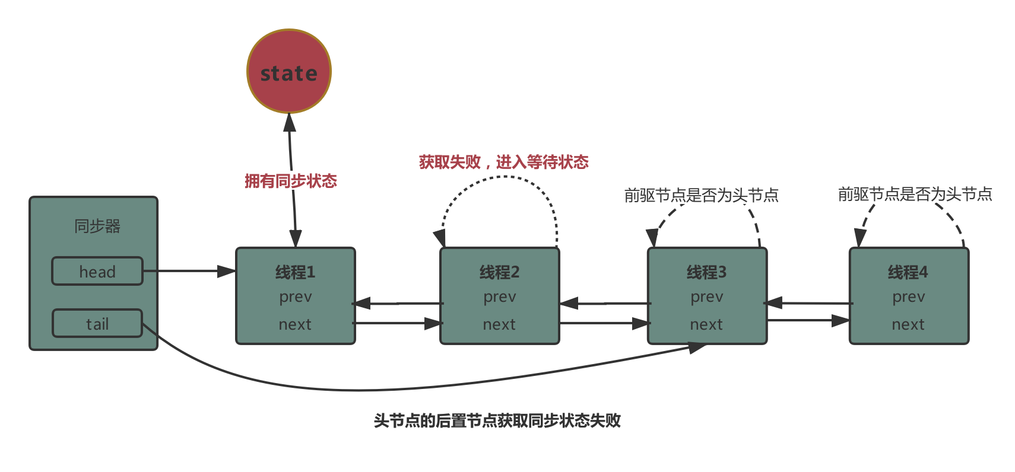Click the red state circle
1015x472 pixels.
point(289,72)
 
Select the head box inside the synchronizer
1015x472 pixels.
point(97,272)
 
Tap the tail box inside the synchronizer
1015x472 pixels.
point(97,324)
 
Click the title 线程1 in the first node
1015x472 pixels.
point(295,272)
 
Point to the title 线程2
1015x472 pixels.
point(499,272)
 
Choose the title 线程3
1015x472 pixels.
point(706,272)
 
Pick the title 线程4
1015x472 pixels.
point(908,272)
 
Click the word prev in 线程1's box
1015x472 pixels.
point(295,297)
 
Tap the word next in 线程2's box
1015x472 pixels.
point(499,324)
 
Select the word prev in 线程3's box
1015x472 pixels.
point(706,297)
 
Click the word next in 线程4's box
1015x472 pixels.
point(908,324)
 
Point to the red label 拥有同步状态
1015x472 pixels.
point(291,181)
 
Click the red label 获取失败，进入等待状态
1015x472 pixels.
point(503,162)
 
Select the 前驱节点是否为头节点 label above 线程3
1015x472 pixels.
point(701,195)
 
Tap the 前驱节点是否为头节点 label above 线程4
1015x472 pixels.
point(915,194)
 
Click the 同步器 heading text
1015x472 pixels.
point(97,226)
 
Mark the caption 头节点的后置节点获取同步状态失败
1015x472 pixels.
point(497,420)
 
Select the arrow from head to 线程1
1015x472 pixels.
point(190,271)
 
